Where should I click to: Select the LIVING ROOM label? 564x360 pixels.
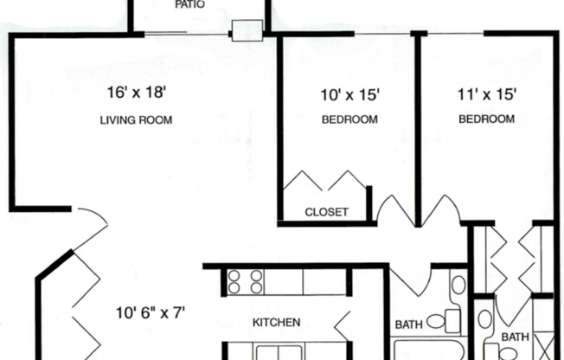click(136, 120)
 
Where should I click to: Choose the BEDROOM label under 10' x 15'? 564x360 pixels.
click(349, 120)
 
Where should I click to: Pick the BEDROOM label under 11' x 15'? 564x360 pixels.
click(487, 119)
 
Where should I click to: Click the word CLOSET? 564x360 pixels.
click(327, 212)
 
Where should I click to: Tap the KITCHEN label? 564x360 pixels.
click(276, 323)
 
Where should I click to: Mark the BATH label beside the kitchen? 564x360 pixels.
click(408, 325)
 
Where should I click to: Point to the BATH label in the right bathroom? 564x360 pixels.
click(516, 337)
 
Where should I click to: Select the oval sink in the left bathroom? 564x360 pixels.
click(458, 285)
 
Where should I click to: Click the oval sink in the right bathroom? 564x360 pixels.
click(485, 319)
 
